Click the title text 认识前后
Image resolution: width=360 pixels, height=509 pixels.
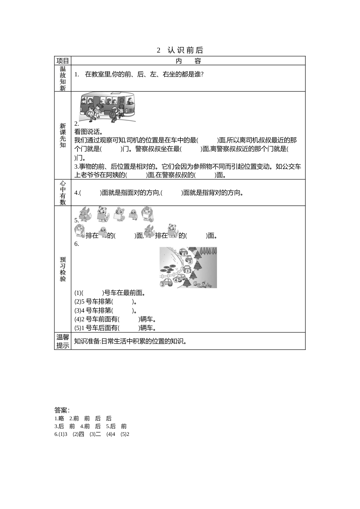point(185,50)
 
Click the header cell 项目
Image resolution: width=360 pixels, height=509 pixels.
point(63,61)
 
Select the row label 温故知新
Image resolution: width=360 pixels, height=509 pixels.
point(63,78)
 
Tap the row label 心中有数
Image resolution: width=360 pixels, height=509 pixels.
point(63,192)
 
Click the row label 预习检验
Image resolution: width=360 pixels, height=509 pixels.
point(63,269)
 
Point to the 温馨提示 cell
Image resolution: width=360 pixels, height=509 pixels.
point(63,341)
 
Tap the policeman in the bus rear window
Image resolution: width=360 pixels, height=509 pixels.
point(83,101)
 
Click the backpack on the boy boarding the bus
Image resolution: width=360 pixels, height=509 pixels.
point(113,115)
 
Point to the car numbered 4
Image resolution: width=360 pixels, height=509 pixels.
point(179,279)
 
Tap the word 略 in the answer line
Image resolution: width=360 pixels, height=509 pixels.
point(61,418)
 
